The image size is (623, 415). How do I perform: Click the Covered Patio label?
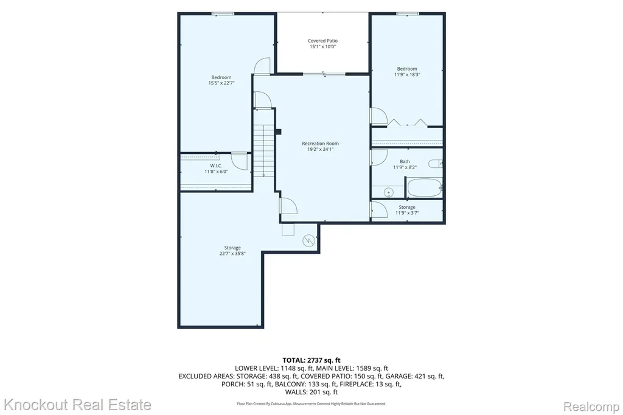click(322, 41)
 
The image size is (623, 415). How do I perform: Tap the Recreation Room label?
click(320, 144)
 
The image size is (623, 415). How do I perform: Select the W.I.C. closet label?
click(216, 166)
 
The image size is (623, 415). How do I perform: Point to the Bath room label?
click(405, 161)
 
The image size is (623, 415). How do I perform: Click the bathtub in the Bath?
click(424, 187)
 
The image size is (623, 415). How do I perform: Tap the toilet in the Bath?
click(435, 163)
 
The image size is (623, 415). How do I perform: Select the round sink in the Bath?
click(389, 193)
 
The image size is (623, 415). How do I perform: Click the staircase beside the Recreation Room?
click(264, 150)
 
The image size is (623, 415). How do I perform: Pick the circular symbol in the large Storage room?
click(308, 240)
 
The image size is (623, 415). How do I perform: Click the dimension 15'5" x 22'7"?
click(221, 83)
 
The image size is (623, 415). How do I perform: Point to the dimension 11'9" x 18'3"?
click(407, 74)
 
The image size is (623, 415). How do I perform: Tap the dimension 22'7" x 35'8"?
click(232, 253)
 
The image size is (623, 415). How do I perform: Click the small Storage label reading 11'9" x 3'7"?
click(407, 210)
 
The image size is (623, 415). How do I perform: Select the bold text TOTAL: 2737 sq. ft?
click(311, 361)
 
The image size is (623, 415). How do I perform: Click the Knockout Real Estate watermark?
click(77, 405)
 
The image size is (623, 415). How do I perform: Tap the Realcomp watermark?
click(591, 407)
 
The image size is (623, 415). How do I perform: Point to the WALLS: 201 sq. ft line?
click(311, 392)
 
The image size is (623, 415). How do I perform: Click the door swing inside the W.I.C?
click(240, 161)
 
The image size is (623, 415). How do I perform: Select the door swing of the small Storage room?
click(380, 209)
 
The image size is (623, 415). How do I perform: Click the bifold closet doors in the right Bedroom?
click(407, 122)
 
